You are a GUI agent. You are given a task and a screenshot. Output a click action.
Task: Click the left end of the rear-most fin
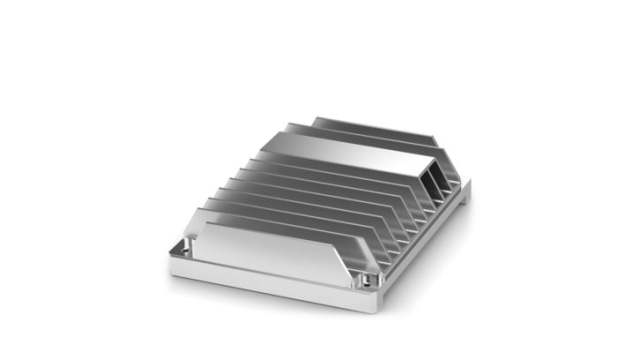coord(315,122)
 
